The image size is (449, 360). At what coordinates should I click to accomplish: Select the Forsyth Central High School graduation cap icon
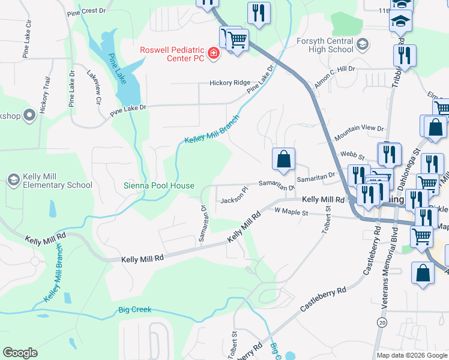pyautogui.click(x=362, y=44)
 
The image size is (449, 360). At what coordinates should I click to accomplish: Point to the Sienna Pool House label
pyautogui.click(x=159, y=185)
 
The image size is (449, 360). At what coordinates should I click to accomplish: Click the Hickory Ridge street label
pyautogui.click(x=229, y=83)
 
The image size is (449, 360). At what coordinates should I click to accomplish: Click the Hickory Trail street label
pyautogui.click(x=44, y=95)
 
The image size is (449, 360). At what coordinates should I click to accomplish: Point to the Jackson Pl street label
pyautogui.click(x=235, y=196)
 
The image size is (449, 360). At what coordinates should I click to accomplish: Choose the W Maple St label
pyautogui.click(x=291, y=212)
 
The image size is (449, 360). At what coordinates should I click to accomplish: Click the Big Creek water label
pyautogui.click(x=134, y=310)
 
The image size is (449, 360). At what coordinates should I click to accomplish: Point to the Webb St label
pyautogui.click(x=349, y=154)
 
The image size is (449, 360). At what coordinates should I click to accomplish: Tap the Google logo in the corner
pyautogui.click(x=20, y=353)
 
